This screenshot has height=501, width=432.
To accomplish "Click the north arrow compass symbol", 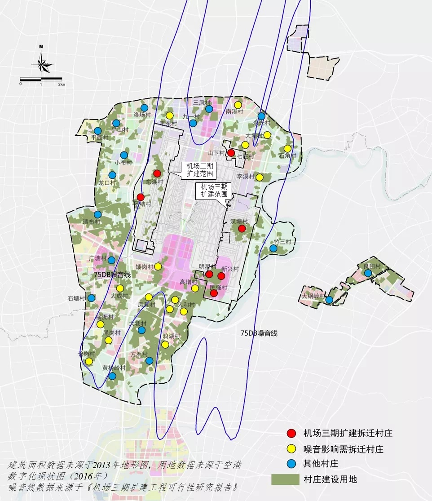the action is tap(42, 61).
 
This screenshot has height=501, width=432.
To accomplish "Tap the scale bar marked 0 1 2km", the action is tap(41, 80).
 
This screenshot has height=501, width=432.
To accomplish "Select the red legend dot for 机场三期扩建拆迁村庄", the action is tap(291, 433).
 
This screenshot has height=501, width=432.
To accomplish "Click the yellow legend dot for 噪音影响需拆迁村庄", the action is tap(291, 448).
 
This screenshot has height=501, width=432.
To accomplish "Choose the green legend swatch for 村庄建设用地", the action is tap(285, 479).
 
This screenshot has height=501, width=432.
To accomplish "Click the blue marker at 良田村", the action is tap(368, 273).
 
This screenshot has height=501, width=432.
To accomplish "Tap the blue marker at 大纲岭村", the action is tap(329, 300).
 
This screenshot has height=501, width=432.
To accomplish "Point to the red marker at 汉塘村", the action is tap(242, 228).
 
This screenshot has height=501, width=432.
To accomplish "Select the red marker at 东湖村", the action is tap(157, 173).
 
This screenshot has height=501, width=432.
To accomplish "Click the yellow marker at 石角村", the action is tap(287, 149).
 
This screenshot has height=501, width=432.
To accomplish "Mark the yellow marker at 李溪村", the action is tap(259, 177).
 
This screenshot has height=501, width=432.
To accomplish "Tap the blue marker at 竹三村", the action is tap(273, 248).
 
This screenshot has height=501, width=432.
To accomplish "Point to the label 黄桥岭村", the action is tap(114, 368).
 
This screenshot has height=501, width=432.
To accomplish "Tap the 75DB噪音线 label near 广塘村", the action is tap(112, 274).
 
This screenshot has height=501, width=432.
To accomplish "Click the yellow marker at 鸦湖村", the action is tap(165, 345).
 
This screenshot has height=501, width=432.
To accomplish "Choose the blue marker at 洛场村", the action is tap(144, 108).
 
